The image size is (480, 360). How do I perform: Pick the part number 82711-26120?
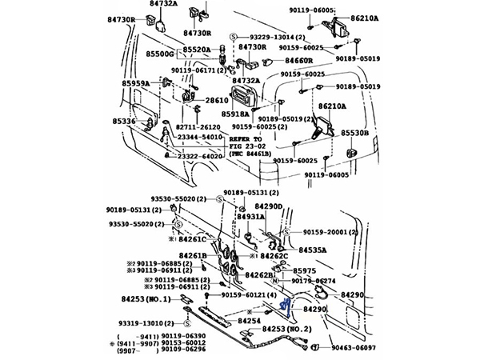pyautogui.click(x=198, y=127)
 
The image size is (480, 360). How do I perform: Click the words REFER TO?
pyautogui.click(x=252, y=138)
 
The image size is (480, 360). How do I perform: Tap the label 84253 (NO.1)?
pyautogui.click(x=146, y=298)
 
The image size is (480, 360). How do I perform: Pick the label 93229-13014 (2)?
pyautogui.click(x=267, y=38)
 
